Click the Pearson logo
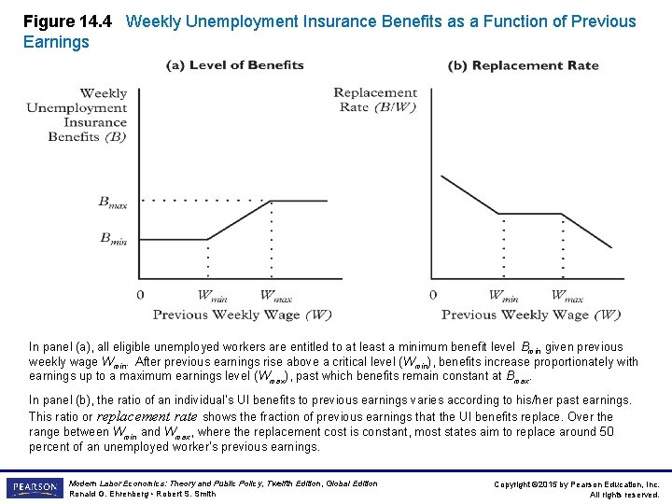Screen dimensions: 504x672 (35, 488)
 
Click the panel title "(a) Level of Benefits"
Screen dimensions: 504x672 (235, 65)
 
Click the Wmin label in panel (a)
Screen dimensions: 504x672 (213, 296)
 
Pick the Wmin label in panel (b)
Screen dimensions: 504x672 (504, 296)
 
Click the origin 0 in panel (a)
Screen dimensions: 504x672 (140, 295)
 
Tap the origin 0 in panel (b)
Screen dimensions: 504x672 (432, 295)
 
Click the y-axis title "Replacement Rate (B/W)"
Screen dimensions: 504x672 (375, 99)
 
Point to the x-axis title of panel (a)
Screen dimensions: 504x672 (242, 315)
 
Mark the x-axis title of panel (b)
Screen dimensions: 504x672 (530, 315)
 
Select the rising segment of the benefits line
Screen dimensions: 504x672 (239, 220)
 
